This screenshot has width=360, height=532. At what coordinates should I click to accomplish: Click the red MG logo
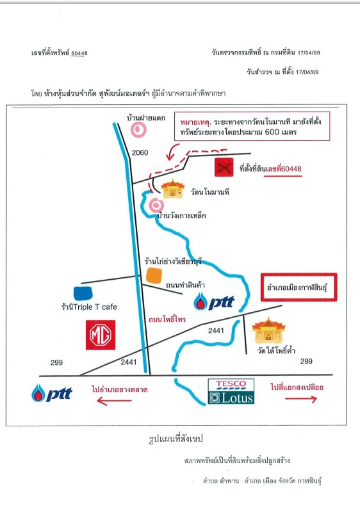(x=101, y=335)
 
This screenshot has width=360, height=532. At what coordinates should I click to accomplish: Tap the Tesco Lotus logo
(x=231, y=392)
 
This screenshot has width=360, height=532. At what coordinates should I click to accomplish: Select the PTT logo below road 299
(x=52, y=393)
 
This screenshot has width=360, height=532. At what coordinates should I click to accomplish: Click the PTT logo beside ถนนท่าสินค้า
(x=215, y=302)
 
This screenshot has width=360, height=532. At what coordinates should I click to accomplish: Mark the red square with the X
(x=224, y=167)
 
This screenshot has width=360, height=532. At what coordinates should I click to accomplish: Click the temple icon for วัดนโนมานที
(x=173, y=189)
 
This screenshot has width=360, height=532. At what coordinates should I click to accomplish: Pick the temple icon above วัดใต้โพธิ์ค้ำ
(x=268, y=331)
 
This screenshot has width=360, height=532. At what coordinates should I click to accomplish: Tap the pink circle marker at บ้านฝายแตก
(x=138, y=129)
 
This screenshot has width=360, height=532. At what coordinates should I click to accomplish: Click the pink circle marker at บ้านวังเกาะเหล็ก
(x=156, y=206)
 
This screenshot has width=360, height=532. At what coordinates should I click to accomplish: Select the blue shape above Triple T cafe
(x=83, y=293)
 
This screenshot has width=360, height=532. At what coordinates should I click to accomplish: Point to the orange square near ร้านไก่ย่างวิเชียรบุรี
(x=154, y=275)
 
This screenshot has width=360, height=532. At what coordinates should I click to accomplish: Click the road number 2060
(x=140, y=152)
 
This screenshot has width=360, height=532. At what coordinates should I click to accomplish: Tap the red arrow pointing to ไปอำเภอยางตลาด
(x=114, y=401)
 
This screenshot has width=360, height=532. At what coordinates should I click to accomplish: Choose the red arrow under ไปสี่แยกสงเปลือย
(x=301, y=399)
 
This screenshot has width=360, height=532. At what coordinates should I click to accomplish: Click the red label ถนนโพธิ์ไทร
(x=167, y=319)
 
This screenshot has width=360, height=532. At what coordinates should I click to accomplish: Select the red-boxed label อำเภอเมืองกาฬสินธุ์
(x=299, y=287)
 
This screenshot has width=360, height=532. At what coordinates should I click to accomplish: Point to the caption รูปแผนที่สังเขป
(x=176, y=439)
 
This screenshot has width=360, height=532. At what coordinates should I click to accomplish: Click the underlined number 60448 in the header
(x=79, y=53)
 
